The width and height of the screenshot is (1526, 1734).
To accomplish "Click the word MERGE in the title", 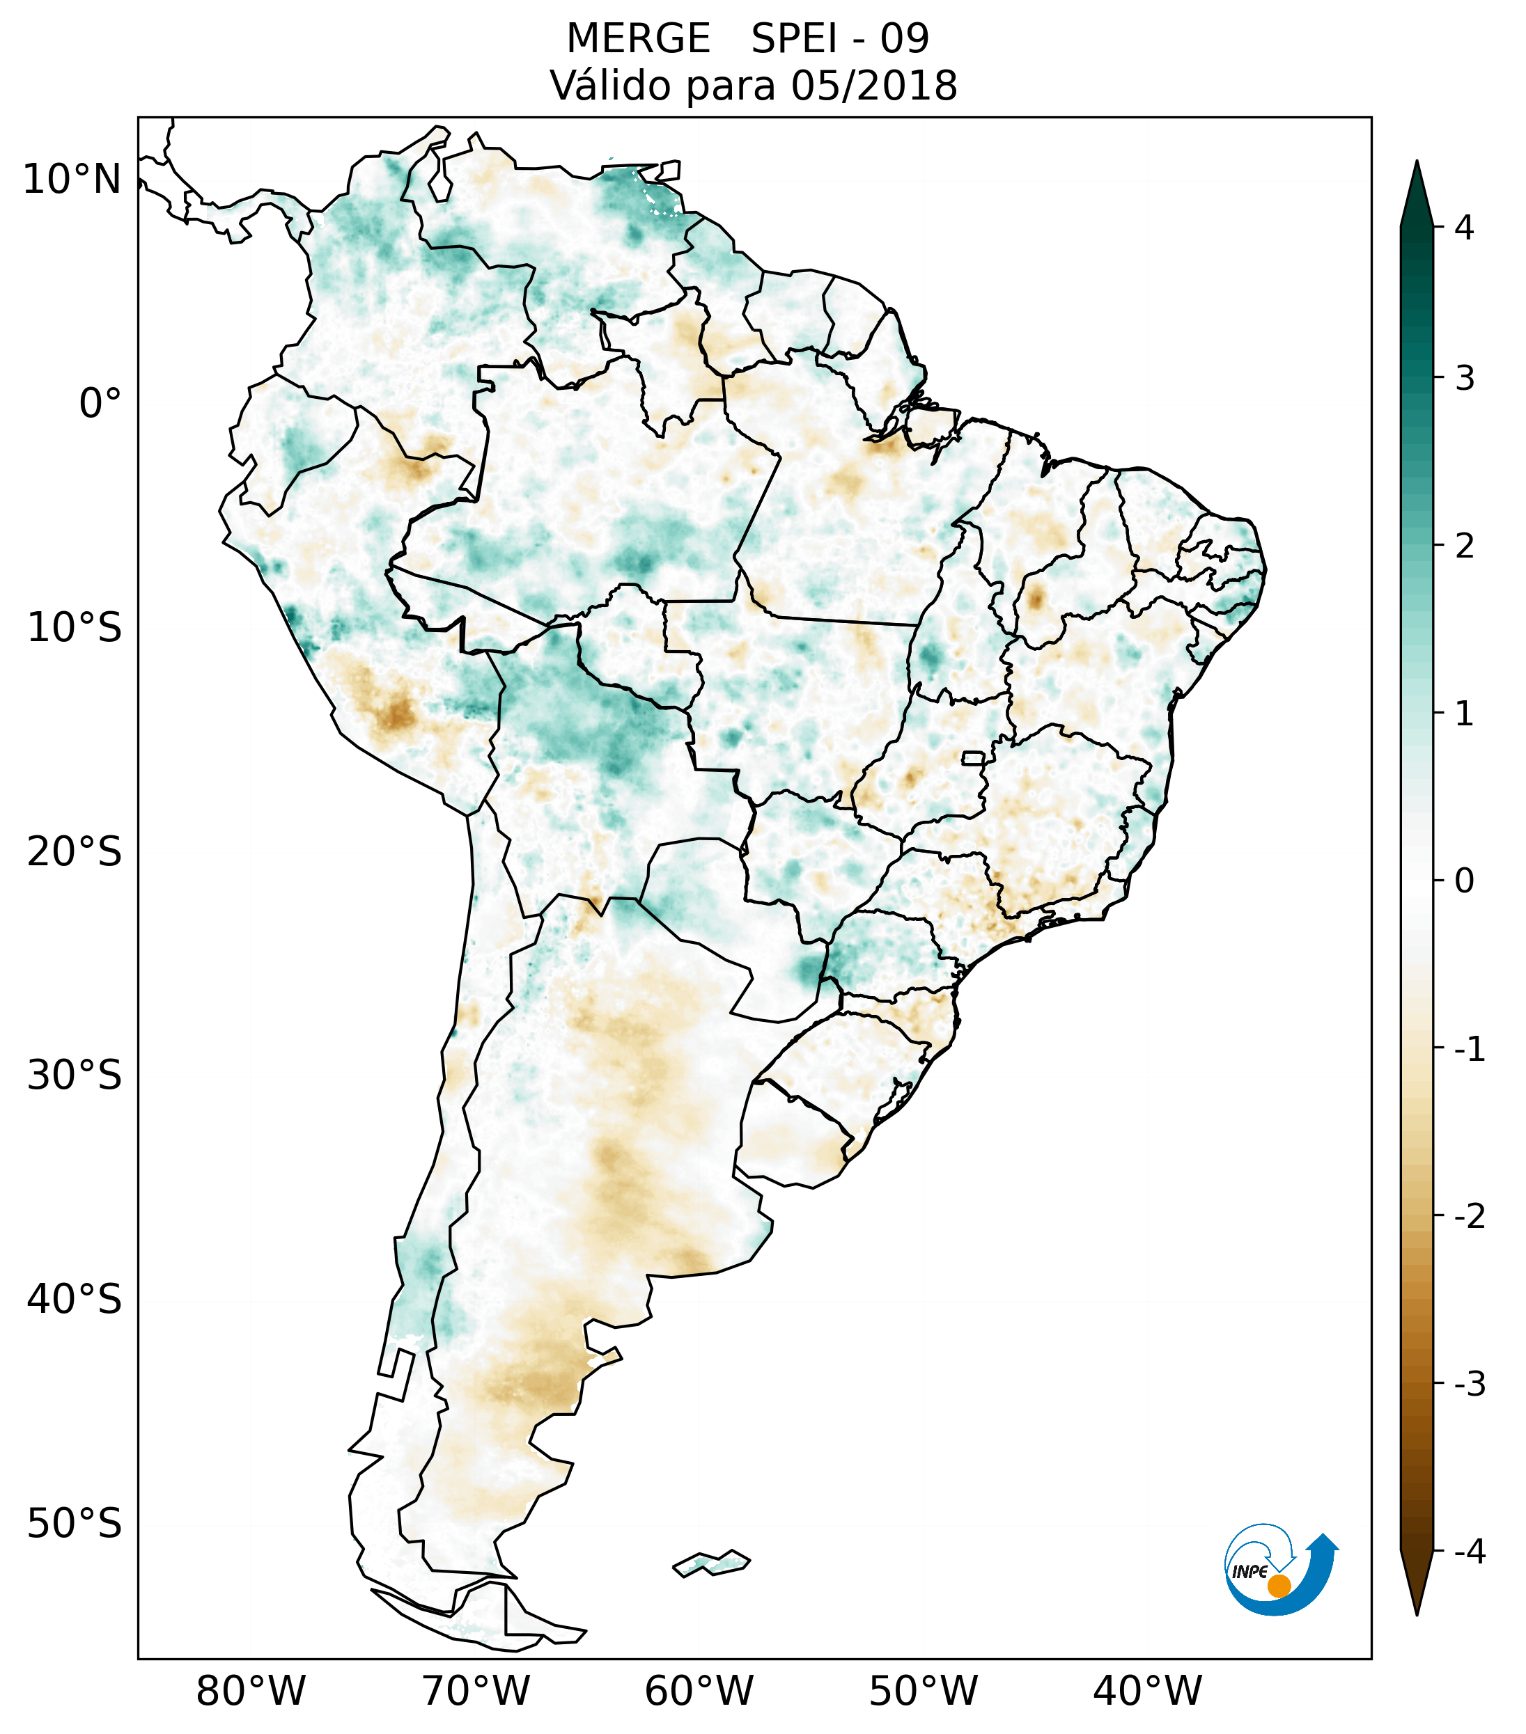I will point(637,39).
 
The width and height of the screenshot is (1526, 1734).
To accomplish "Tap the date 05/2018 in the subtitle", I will point(873,86).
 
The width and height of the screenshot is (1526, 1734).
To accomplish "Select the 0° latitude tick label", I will point(100,404).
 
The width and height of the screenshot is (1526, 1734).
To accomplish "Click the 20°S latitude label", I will point(75,852).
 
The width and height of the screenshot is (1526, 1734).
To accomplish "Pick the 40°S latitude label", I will point(75,1300).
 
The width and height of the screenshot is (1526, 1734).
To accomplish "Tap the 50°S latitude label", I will point(75,1524).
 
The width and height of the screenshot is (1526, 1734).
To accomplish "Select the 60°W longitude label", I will point(699,1692).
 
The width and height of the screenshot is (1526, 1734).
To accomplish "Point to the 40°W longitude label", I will point(1148,1692).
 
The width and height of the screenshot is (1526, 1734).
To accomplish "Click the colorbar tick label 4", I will point(1464,228).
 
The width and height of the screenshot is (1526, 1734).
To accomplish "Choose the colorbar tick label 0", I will point(1464,881).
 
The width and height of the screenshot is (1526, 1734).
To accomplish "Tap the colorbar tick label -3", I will point(1469,1385).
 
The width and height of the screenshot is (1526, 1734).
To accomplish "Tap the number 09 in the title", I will point(905,39).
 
